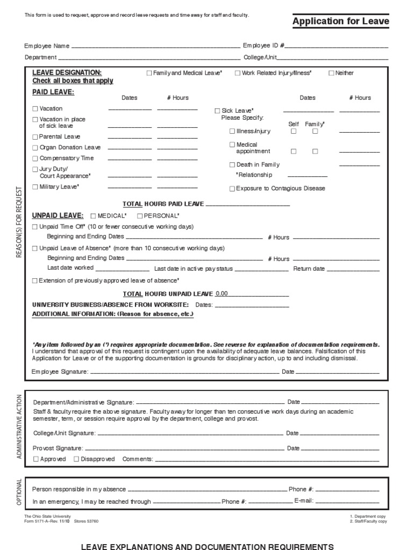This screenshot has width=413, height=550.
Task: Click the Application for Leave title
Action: (x=340, y=21)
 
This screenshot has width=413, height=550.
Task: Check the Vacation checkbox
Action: (x=35, y=108)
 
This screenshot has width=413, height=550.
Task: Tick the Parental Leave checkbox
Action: (x=35, y=137)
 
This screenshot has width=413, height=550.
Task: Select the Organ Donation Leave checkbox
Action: (x=35, y=148)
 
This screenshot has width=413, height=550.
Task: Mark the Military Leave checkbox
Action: (x=35, y=187)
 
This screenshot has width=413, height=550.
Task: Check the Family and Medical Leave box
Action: (x=149, y=73)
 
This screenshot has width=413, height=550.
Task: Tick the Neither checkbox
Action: (x=331, y=73)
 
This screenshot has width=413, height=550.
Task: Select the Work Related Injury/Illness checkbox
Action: (x=238, y=73)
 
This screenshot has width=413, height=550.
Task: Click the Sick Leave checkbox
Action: (x=217, y=111)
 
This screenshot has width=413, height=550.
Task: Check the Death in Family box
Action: (x=232, y=165)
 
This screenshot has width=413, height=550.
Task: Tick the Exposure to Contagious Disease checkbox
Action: (x=232, y=189)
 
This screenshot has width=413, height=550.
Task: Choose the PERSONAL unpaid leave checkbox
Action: (x=139, y=216)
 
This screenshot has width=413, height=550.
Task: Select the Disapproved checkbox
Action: (x=76, y=459)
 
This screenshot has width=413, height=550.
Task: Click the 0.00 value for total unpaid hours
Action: (x=222, y=294)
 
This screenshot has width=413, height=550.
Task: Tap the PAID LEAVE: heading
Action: (x=53, y=92)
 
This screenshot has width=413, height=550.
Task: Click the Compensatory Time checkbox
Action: (x=35, y=158)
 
